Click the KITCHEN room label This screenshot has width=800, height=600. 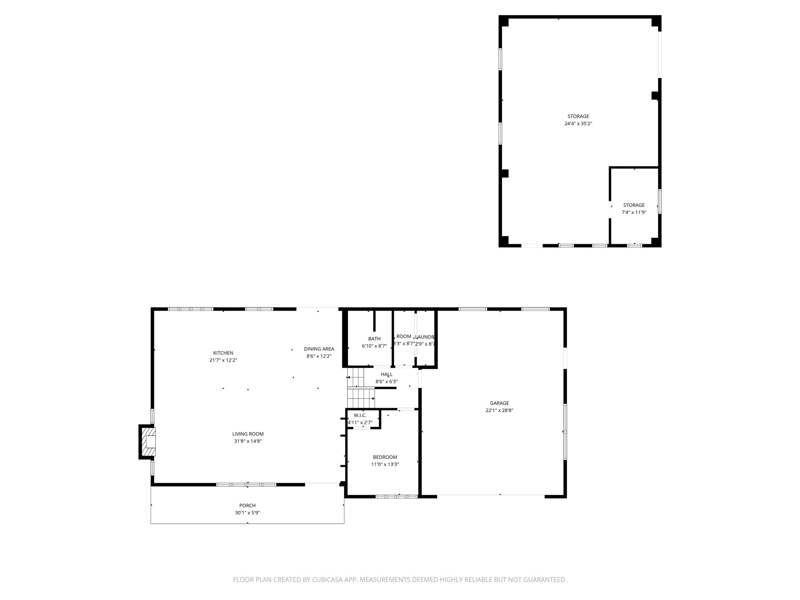(x=223, y=353)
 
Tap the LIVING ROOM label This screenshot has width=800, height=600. (x=248, y=434)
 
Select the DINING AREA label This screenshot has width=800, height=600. (x=319, y=349)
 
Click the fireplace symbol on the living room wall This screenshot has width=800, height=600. (x=148, y=442)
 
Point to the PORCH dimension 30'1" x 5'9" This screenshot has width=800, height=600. (x=247, y=513)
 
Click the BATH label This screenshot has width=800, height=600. (x=374, y=339)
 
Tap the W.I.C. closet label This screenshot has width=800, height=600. (x=360, y=415)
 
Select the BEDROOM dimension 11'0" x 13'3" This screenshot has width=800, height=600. (x=385, y=464)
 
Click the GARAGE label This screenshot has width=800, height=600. (x=499, y=403)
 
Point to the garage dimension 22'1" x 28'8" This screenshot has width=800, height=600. (x=499, y=411)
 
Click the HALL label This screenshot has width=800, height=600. (x=386, y=374)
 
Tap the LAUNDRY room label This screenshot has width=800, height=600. (x=425, y=337)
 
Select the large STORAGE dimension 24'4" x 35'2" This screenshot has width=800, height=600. (x=578, y=123)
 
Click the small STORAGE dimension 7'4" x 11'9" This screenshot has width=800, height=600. (x=634, y=212)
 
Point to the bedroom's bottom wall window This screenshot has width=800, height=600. (x=396, y=496)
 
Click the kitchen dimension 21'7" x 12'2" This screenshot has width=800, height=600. (x=223, y=360)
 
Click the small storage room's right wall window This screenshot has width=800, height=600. (x=659, y=201)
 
